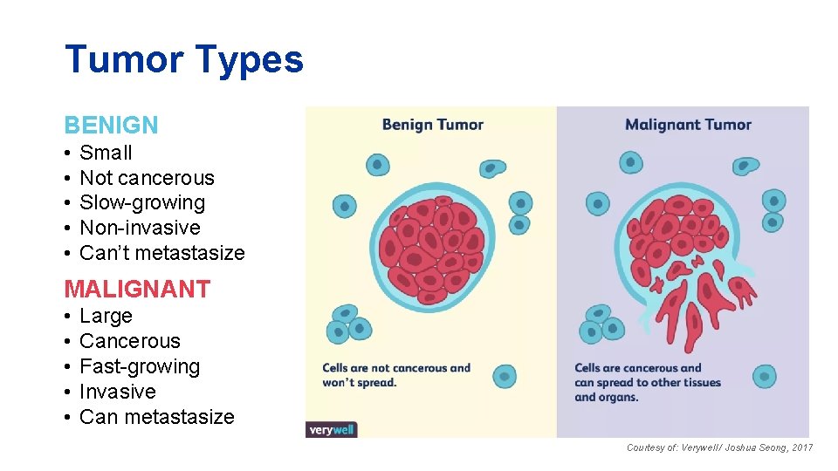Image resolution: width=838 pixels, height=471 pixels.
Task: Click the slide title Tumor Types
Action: point(184,59)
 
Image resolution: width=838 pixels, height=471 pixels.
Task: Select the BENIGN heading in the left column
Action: point(111,126)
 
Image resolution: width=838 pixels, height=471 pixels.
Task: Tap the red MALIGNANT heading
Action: point(137,289)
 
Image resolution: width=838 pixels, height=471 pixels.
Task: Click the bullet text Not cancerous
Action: point(147,178)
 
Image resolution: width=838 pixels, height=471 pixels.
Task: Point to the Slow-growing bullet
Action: point(142,202)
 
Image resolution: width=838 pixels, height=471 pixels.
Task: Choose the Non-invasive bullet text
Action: point(140,228)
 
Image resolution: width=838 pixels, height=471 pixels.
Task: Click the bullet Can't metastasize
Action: point(161,253)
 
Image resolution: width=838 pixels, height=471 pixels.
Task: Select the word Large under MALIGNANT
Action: point(106,316)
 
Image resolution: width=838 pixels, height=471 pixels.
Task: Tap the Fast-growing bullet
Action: point(140,366)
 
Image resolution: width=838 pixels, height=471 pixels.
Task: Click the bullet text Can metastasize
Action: point(156,417)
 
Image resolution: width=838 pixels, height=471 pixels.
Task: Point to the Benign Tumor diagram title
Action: point(432,125)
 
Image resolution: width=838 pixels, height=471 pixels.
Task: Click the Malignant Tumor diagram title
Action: point(688,125)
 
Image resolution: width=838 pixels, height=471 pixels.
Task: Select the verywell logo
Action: point(332,429)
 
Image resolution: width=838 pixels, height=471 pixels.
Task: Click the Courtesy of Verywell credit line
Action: point(719,447)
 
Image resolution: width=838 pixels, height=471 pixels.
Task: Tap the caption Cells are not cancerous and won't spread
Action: point(396,375)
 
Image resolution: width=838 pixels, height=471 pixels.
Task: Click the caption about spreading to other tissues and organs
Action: point(648,382)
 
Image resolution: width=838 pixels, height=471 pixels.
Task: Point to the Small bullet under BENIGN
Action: point(106,153)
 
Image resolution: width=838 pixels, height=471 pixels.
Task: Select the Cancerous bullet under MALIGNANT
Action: point(129,341)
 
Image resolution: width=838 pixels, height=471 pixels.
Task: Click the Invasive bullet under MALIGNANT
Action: point(117,392)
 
